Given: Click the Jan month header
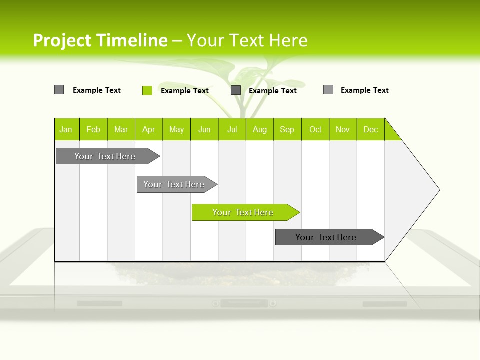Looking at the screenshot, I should tap(66, 129).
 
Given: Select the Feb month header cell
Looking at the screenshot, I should tap(93, 129).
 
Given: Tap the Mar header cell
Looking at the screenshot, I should tap(121, 129).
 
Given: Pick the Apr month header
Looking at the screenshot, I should tap(149, 129).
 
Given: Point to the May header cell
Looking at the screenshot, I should tap(176, 129).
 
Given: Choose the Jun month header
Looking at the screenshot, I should tap(204, 129).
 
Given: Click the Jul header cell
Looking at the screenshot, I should tap(232, 129).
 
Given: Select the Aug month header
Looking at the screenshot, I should tap(260, 129).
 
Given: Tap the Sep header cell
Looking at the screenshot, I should tap(287, 129).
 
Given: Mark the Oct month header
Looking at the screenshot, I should tap(315, 129).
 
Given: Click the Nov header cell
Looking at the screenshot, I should tap(343, 129).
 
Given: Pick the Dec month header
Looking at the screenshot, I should tap(371, 129).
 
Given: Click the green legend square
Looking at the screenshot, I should tap(147, 90).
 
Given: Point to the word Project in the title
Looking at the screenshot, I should tap(62, 40).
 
